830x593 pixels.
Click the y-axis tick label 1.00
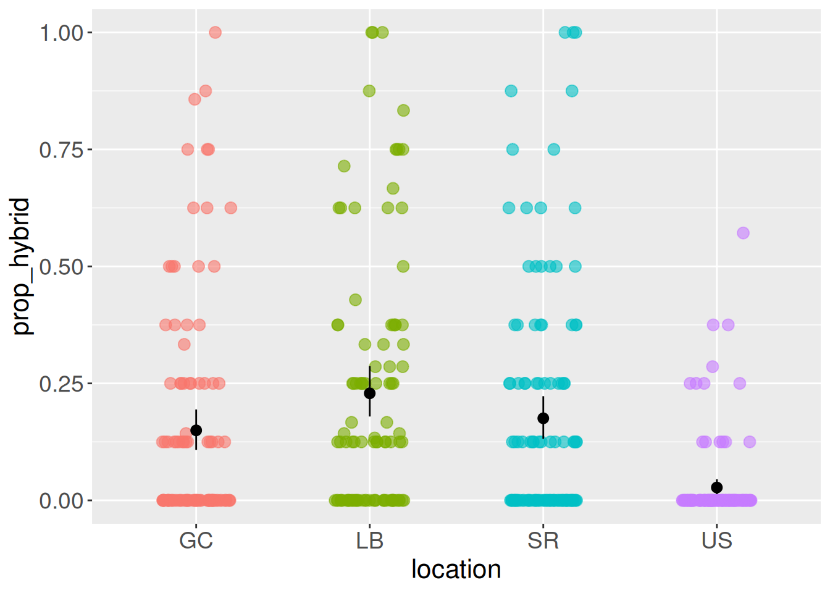[61, 33]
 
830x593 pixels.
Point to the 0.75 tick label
[61, 149]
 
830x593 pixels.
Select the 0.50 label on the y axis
[61, 267]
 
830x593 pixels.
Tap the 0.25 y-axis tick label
[61, 384]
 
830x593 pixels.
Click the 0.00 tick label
[61, 501]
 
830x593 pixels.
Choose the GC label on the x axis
[196, 540]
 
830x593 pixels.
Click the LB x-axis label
[369, 540]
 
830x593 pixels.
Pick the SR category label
[543, 540]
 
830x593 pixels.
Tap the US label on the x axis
[716, 540]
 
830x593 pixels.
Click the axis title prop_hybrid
[21, 266]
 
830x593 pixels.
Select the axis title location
[456, 570]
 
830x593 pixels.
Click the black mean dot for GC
[196, 430]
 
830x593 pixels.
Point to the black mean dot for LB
[369, 393]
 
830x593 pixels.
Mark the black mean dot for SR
[543, 418]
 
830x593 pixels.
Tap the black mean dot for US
[716, 487]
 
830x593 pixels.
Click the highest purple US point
[743, 233]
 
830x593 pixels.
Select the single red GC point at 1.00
[215, 32]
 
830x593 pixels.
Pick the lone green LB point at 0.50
[403, 266]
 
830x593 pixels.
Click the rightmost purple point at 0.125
[750, 442]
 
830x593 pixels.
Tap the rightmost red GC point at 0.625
[230, 208]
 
